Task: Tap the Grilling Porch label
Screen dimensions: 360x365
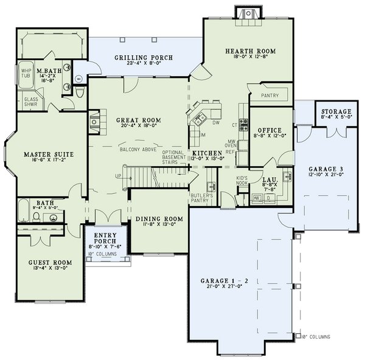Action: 144,58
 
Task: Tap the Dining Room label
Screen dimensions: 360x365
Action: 159,219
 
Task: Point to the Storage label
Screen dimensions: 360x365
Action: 336,112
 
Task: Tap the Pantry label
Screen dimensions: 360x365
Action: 269,96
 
